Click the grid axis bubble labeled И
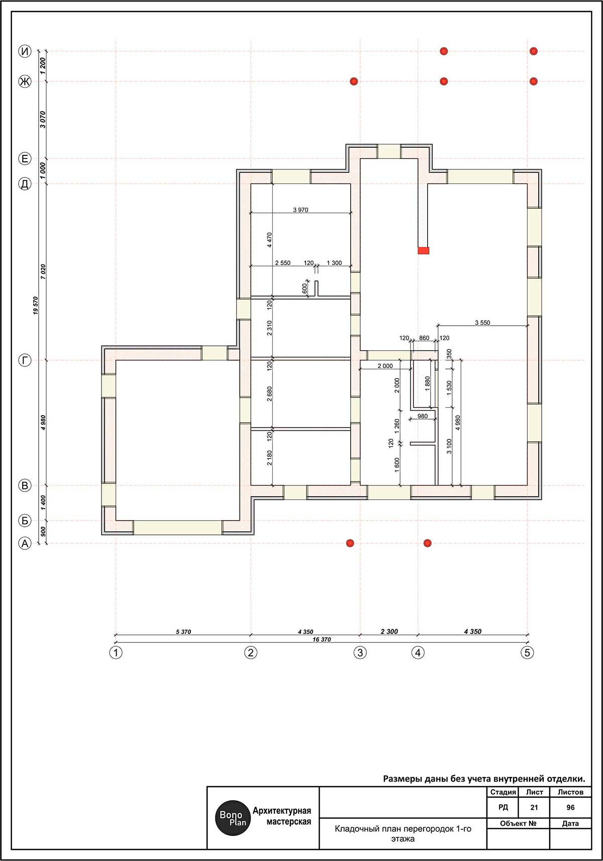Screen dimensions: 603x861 click(25, 51)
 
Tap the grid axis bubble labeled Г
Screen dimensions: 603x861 click(25, 360)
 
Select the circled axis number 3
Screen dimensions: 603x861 click(360, 652)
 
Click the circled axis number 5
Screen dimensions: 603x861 click(527, 652)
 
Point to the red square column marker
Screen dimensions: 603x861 click(424, 251)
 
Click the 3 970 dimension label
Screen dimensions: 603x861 click(300, 210)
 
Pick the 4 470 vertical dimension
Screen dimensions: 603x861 click(269, 240)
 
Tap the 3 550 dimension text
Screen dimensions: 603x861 click(482, 323)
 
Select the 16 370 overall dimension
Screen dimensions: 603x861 click(321, 640)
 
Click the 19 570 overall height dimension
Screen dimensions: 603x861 click(36, 306)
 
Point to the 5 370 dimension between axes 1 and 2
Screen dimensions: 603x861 click(183, 631)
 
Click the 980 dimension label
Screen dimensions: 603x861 click(423, 416)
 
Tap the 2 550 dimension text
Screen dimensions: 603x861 click(283, 263)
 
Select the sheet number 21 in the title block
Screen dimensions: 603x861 click(534, 807)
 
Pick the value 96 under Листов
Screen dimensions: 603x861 click(570, 807)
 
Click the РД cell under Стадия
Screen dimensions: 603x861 click(503, 807)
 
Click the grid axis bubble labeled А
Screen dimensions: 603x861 click(25, 543)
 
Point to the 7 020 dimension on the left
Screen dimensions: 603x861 click(43, 271)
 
